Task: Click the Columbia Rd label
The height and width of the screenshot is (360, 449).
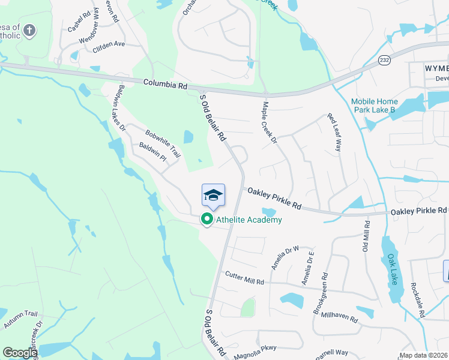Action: [165, 85]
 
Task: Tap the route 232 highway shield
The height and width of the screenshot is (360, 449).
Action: [385, 60]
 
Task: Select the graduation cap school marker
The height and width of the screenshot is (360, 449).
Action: [213, 196]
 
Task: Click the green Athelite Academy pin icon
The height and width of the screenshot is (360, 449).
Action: [207, 220]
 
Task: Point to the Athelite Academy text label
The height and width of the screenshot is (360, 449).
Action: [249, 220]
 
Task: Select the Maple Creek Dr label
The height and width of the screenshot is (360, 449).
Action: [268, 122]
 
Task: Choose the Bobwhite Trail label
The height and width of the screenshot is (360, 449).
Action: [162, 143]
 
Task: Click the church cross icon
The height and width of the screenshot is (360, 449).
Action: [31, 30]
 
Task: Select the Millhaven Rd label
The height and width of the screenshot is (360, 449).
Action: [339, 315]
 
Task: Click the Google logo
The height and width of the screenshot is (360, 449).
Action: [20, 353]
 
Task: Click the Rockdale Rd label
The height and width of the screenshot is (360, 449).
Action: [418, 300]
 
